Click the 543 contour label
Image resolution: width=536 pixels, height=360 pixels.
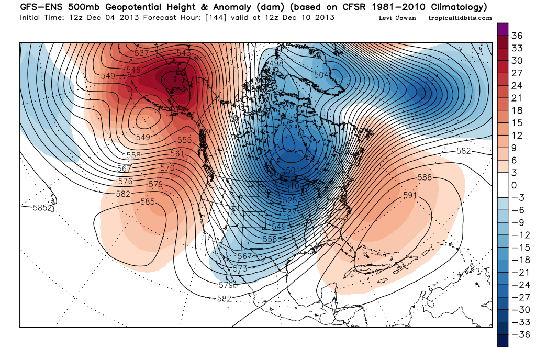pos(184,53)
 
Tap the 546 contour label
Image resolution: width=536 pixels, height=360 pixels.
pos(133,70)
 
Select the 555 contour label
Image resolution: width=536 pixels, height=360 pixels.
pos(185,140)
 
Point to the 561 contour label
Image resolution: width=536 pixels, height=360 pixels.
pos(177,154)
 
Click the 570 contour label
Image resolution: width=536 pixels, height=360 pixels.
pos(167,168)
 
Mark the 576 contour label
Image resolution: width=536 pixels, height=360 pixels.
pos(126,181)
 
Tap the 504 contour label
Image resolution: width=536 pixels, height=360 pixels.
pos(321,75)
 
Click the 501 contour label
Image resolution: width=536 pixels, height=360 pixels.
pos(293,171)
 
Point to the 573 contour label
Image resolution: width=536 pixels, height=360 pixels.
pos(240,268)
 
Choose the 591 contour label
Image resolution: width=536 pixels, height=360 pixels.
pos(410,195)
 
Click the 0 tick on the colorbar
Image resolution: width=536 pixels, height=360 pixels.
pos(514,186)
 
